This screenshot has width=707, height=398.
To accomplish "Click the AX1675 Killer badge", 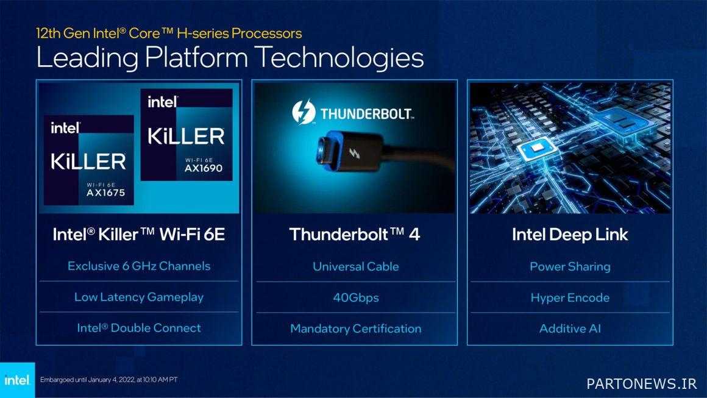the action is coord(89,160).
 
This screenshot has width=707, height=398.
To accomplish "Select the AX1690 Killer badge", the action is coord(187,134).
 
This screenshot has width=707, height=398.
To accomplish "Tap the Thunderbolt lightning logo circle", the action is coord(304,112).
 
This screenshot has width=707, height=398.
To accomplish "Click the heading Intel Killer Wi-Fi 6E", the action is coord(139,235).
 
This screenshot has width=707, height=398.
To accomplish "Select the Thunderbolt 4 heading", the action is coord(355,235).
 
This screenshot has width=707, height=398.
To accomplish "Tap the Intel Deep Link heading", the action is coord(570,235).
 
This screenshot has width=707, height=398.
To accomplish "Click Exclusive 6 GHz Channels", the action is coord(139,266).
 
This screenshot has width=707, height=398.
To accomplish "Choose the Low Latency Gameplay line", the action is coord(139,297).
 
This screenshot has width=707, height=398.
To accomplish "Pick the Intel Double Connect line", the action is coord(139,328).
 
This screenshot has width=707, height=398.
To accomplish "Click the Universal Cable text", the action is coord(356,266).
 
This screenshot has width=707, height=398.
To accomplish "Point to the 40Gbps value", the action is coord(356,297).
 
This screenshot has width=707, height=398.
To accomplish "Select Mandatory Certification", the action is coord(356,329).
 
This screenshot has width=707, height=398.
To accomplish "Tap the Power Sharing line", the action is coord(570,266).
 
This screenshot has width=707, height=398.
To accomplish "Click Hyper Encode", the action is coord(570,297).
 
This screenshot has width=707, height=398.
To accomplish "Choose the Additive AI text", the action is coord(570,329).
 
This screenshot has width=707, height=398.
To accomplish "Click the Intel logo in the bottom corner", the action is coord(17,380).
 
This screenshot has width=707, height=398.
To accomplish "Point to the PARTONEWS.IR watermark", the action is coord(642,383).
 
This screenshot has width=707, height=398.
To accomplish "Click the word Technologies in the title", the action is coord(339,58).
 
